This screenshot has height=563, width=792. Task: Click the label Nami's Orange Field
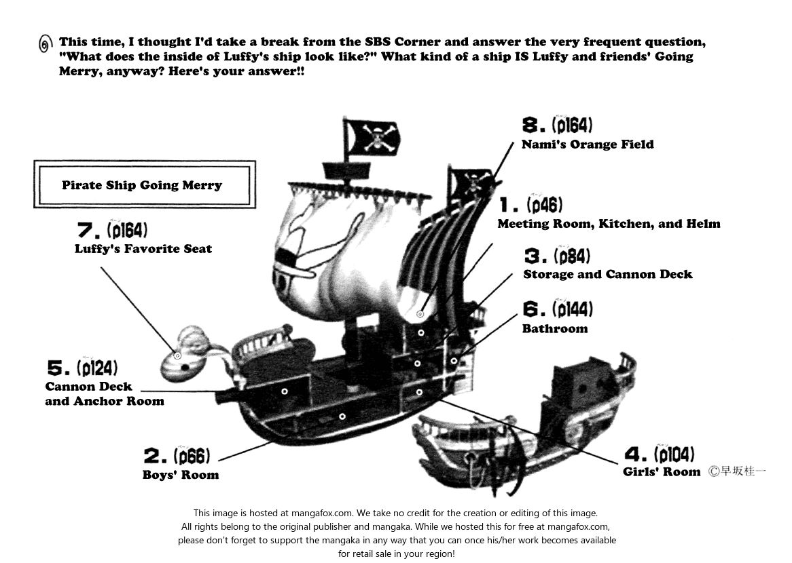pyautogui.click(x=588, y=144)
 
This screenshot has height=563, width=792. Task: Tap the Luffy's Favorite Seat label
pyautogui.click(x=143, y=249)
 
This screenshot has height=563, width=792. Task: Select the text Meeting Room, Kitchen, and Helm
pyautogui.click(x=609, y=223)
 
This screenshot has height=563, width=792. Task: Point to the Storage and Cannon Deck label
pyautogui.click(x=608, y=274)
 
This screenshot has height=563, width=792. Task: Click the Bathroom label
pyautogui.click(x=555, y=328)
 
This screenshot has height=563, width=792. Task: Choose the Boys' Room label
pyautogui.click(x=181, y=475)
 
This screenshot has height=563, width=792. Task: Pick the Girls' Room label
pyautogui.click(x=662, y=472)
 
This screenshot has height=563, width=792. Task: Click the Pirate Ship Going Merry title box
pyautogui.click(x=144, y=185)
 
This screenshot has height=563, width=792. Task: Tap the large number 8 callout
pyautogui.click(x=534, y=125)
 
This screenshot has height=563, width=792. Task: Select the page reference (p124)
pyautogui.click(x=97, y=368)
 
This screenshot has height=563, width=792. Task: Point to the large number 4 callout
pyautogui.click(x=636, y=454)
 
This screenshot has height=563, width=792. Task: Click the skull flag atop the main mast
pyautogui.click(x=372, y=137)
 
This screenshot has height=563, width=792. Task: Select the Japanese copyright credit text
pyautogui.click(x=736, y=471)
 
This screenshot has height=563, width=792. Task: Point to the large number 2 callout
pyautogui.click(x=156, y=457)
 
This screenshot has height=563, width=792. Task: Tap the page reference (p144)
pyautogui.click(x=572, y=310)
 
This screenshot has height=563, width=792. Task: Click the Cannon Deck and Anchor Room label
pyautogui.click(x=105, y=394)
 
